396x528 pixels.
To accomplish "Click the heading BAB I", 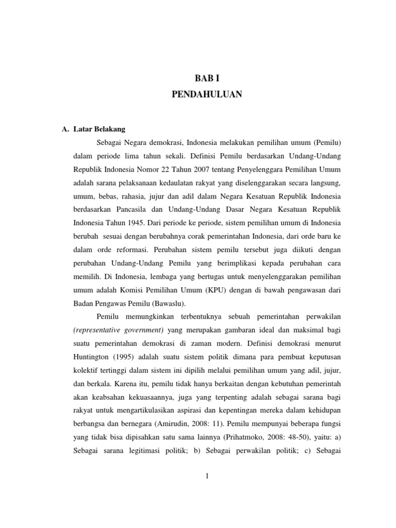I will [x=206, y=78].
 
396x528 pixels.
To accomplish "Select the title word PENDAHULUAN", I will [x=206, y=94].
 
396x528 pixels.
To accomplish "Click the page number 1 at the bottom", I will [x=206, y=476].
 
